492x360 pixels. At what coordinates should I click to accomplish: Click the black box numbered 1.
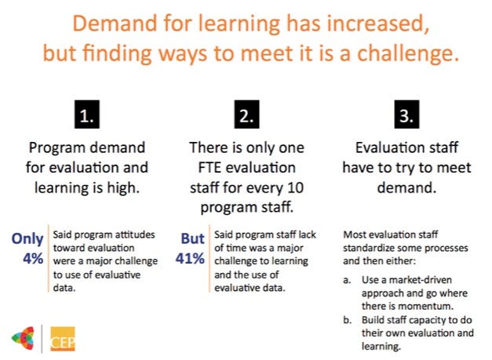coord(87,115)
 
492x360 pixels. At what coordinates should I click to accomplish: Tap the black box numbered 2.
coord(246,115)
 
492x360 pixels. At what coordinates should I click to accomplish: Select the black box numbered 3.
coord(406,115)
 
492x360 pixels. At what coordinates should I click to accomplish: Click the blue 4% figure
coord(33,259)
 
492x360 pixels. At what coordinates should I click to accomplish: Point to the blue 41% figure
coord(190,259)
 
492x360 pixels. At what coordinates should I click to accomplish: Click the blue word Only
coord(27,239)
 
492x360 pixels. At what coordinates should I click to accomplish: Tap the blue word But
coord(193,238)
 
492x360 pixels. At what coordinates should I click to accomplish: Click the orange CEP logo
coord(63,339)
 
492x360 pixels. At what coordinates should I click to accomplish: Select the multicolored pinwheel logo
coord(23,338)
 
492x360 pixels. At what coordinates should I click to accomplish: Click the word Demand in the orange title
coord(115,24)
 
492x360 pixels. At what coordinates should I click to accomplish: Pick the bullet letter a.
coord(346,280)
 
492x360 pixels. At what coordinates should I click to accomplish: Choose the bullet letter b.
coord(347,320)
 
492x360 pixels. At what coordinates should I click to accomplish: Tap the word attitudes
coord(135,235)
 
